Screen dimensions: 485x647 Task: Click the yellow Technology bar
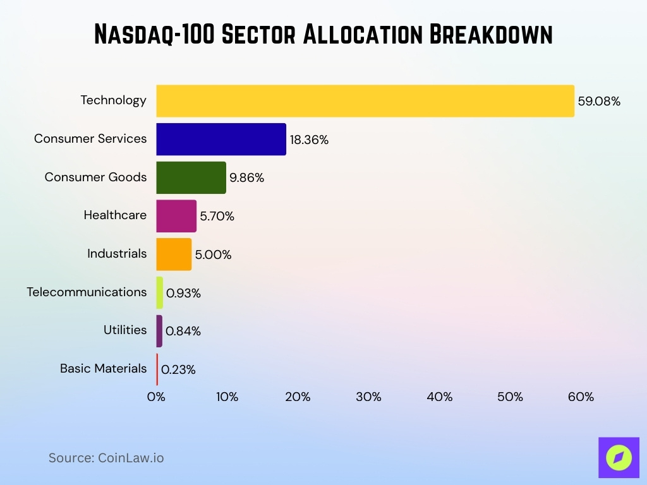365,101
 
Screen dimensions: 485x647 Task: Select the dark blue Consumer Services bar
221,140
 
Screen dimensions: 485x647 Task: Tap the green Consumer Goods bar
191,177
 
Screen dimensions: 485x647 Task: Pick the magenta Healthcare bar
176,216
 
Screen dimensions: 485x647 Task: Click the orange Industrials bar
174,254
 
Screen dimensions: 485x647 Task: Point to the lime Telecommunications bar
160,292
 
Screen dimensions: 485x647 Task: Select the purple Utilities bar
159,331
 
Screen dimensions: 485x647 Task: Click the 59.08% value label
599,101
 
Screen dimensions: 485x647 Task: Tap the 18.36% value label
309,140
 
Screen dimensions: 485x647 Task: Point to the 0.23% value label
178,370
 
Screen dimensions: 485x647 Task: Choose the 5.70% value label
217,217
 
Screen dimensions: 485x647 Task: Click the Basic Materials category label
103,368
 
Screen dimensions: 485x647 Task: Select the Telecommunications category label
87,292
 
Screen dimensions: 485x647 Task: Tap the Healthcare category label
115,215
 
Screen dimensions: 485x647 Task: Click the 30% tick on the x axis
368,397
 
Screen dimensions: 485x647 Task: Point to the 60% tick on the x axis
581,397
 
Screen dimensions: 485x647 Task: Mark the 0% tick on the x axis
156,397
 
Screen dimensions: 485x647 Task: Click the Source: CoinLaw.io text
106,458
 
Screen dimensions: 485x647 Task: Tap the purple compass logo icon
619,457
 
